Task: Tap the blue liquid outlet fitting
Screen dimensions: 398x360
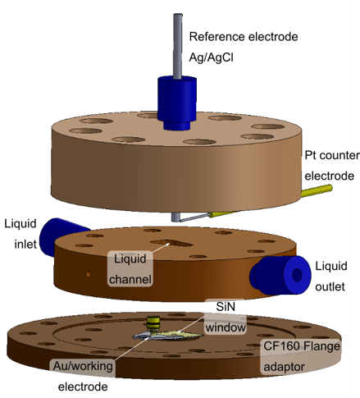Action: pyautogui.click(x=279, y=274)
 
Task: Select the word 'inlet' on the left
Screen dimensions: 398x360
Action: pyautogui.click(x=21, y=245)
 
